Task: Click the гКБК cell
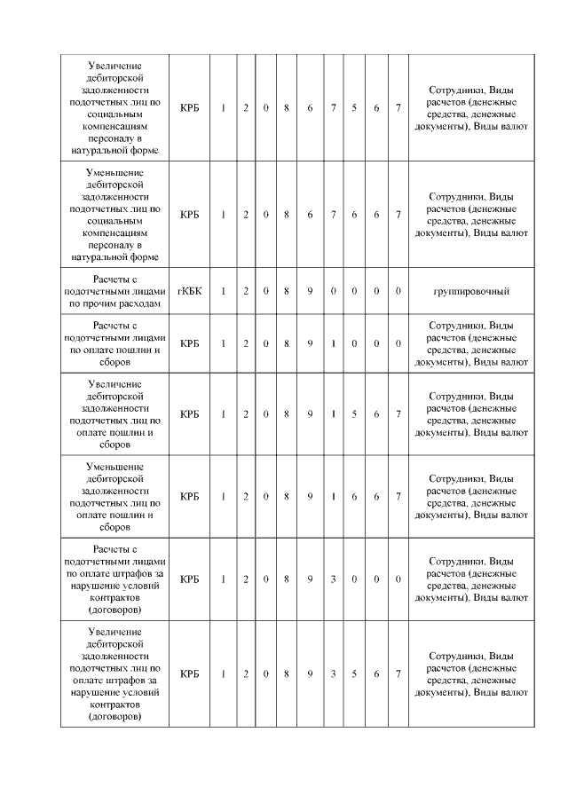[189, 291]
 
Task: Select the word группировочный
[470, 291]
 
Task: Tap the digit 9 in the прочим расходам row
[310, 291]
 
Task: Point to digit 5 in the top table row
[354, 108]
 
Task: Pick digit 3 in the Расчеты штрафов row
[332, 579]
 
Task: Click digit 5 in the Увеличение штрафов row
[354, 674]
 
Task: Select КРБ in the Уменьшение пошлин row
[189, 497]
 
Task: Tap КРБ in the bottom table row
[189, 674]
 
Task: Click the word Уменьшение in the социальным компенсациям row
[117, 172]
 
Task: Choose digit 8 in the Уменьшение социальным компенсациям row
[287, 215]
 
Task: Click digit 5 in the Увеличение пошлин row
[354, 414]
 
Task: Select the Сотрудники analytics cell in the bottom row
[470, 674]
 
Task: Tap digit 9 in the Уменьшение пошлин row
[310, 497]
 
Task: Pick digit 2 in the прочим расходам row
[246, 291]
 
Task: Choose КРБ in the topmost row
[189, 108]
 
